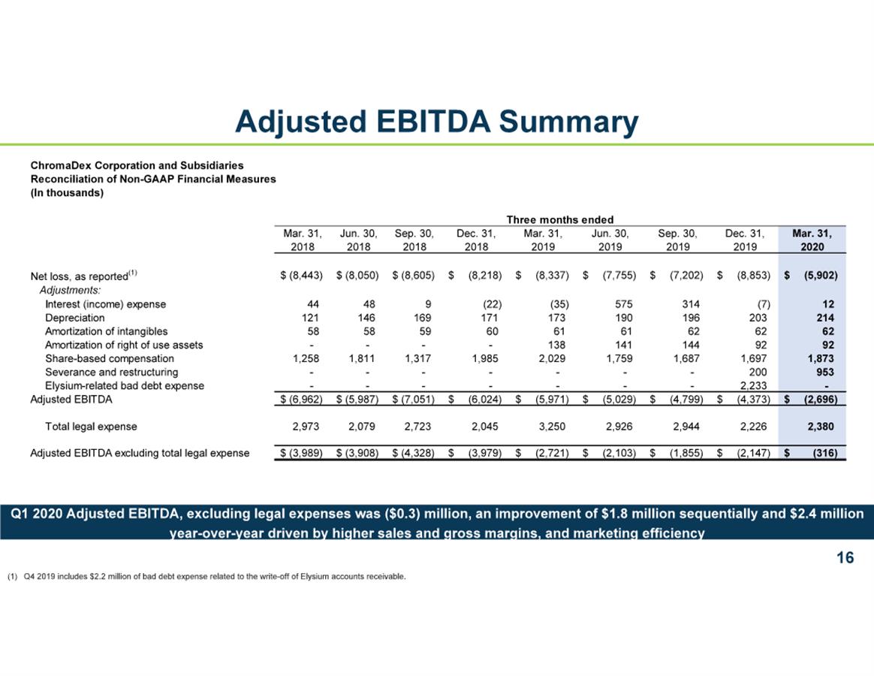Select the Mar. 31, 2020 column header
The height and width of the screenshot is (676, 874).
pyautogui.click(x=812, y=240)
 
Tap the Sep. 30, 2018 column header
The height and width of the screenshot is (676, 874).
pyautogui.click(x=414, y=240)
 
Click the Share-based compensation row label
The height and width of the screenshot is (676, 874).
pyautogui.click(x=110, y=358)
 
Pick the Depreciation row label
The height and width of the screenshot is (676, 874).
pyautogui.click(x=74, y=318)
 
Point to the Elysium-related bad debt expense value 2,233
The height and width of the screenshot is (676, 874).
pyautogui.click(x=754, y=385)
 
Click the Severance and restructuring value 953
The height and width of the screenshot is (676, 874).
pyautogui.click(x=825, y=372)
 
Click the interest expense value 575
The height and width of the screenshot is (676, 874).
pyautogui.click(x=624, y=304)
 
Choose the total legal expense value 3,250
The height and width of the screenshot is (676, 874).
pyautogui.click(x=552, y=426)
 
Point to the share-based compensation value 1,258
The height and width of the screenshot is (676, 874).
pyautogui.click(x=306, y=358)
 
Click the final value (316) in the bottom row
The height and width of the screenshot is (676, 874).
pyautogui.click(x=825, y=453)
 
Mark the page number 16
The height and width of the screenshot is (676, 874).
pyautogui.click(x=845, y=557)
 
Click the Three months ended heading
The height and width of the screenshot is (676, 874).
pyautogui.click(x=559, y=220)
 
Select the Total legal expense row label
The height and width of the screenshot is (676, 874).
pyautogui.click(x=91, y=427)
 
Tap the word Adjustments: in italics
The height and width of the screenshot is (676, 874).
pyautogui.click(x=71, y=290)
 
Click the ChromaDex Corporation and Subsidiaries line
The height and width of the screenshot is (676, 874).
pyautogui.click(x=137, y=166)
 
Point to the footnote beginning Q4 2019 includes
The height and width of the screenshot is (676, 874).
pyautogui.click(x=206, y=576)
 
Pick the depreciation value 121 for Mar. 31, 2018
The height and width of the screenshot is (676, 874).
pyautogui.click(x=310, y=318)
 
